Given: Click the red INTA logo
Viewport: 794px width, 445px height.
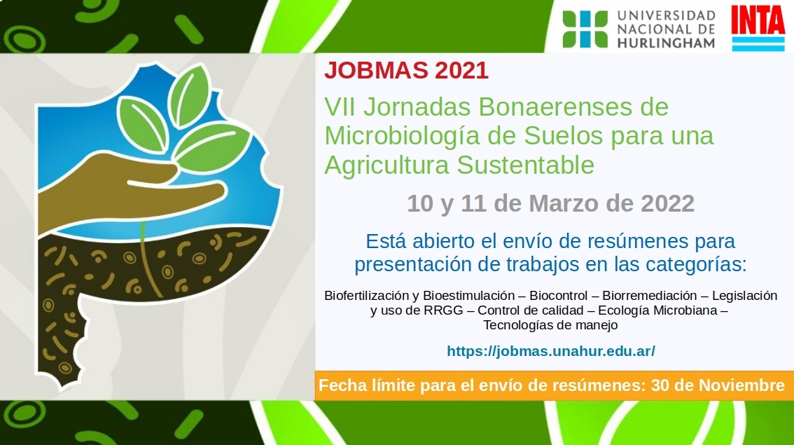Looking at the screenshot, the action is pyautogui.click(x=758, y=29).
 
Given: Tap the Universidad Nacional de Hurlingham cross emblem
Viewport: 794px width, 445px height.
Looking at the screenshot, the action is pyautogui.click(x=585, y=29).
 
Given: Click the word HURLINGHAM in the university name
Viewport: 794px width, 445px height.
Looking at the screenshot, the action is pyautogui.click(x=666, y=43).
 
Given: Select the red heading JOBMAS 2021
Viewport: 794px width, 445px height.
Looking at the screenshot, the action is pyautogui.click(x=406, y=71).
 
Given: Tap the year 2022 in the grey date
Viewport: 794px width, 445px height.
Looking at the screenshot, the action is pyautogui.click(x=667, y=203).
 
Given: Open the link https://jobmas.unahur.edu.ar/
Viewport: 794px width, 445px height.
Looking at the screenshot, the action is pyautogui.click(x=551, y=350).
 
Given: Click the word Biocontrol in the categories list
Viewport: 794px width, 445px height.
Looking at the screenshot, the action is pyautogui.click(x=559, y=296).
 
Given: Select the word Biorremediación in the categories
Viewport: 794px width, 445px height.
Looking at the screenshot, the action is pyautogui.click(x=650, y=296).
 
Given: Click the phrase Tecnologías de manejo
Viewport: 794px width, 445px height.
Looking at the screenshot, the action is pyautogui.click(x=550, y=325).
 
